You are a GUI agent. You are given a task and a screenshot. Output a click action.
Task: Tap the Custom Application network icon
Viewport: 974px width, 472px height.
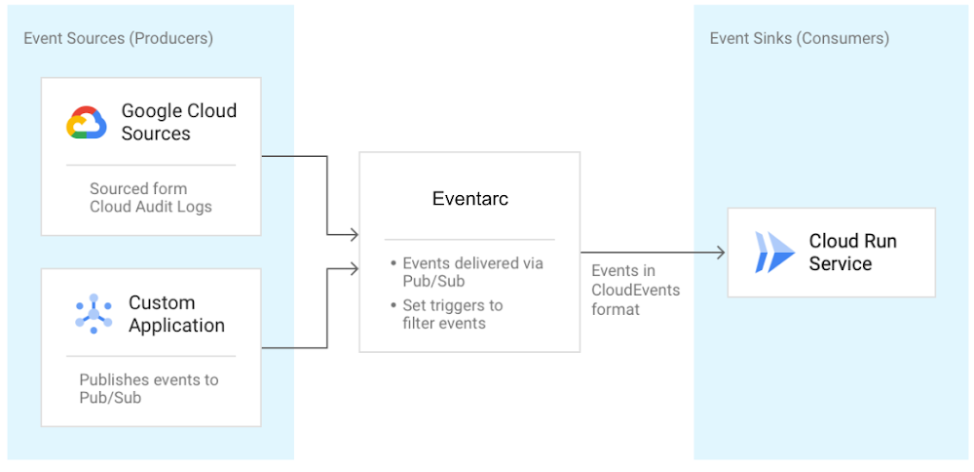pyautogui.click(x=94, y=314)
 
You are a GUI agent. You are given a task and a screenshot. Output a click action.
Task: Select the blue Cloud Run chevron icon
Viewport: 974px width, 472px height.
pyautogui.click(x=774, y=252)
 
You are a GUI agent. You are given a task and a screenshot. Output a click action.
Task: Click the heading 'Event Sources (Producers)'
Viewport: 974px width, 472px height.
pyautogui.click(x=118, y=39)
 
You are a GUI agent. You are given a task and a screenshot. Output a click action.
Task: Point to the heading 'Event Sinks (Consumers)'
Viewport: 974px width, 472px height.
pyautogui.click(x=800, y=39)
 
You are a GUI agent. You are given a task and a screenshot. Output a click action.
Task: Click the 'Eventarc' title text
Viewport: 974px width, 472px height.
pyautogui.click(x=469, y=198)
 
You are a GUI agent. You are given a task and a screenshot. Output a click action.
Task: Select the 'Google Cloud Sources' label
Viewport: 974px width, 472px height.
pyautogui.click(x=179, y=122)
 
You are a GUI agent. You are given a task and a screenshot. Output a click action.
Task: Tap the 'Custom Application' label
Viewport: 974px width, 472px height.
pyautogui.click(x=176, y=314)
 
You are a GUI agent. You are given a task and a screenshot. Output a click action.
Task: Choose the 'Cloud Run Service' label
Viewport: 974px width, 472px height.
pyautogui.click(x=853, y=252)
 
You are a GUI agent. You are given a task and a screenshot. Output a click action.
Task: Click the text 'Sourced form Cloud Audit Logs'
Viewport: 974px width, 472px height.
pyautogui.click(x=151, y=198)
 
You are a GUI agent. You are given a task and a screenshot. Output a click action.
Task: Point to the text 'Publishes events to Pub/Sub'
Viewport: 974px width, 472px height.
pyautogui.click(x=149, y=388)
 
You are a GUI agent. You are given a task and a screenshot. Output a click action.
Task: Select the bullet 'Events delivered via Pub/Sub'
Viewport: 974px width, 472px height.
pyautogui.click(x=468, y=272)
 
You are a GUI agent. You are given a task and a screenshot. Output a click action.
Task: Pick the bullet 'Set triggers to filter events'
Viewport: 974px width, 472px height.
pyautogui.click(x=447, y=315)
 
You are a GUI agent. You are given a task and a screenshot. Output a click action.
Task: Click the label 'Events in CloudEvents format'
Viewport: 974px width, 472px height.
pyautogui.click(x=635, y=290)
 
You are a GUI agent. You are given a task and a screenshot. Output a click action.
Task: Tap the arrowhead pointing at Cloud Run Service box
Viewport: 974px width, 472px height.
pyautogui.click(x=721, y=253)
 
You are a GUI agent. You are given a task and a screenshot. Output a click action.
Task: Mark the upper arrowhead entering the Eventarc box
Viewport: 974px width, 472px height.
pyautogui.click(x=355, y=235)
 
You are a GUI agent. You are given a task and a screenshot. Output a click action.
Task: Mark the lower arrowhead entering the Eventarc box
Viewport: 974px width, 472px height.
pyautogui.click(x=355, y=268)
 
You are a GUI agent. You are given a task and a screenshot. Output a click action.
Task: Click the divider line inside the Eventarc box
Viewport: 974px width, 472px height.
pyautogui.click(x=469, y=240)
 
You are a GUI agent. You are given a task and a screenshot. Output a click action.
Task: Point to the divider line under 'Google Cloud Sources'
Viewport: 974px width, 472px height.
pyautogui.click(x=151, y=165)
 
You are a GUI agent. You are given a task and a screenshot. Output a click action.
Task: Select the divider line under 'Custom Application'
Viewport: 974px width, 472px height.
pyautogui.click(x=151, y=356)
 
